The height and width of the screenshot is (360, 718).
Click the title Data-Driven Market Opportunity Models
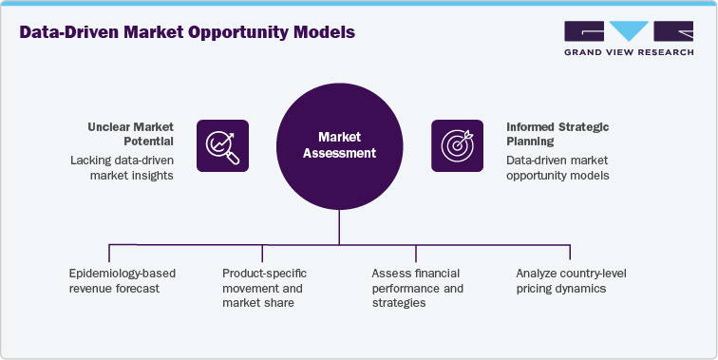(x=186, y=33)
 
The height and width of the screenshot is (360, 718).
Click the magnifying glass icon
(x=222, y=145)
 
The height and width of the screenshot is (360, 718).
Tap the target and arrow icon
(x=457, y=145)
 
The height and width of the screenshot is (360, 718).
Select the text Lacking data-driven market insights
(x=122, y=168)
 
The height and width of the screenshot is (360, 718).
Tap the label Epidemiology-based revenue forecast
(x=123, y=281)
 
